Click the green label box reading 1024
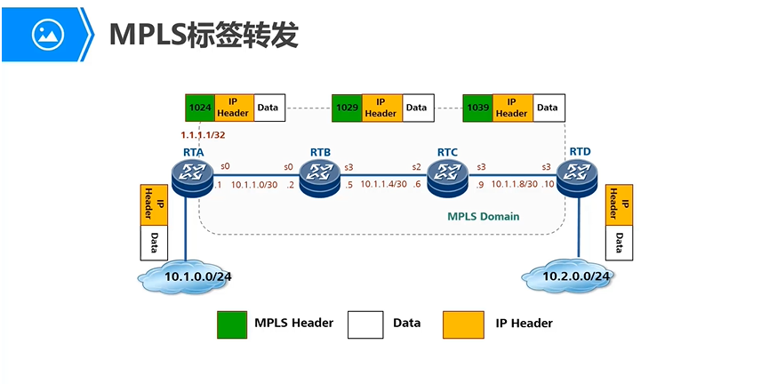(x=200, y=108)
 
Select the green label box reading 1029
(x=347, y=108)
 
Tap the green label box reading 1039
(x=477, y=108)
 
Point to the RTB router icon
(x=319, y=178)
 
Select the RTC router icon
(x=447, y=178)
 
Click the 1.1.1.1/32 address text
(x=202, y=136)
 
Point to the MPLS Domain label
(x=483, y=216)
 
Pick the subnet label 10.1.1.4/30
(x=383, y=184)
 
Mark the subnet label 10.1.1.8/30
(x=516, y=184)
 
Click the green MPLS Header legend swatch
(x=232, y=324)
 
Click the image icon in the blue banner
(x=47, y=35)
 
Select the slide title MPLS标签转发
(x=203, y=35)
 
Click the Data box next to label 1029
(x=416, y=108)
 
